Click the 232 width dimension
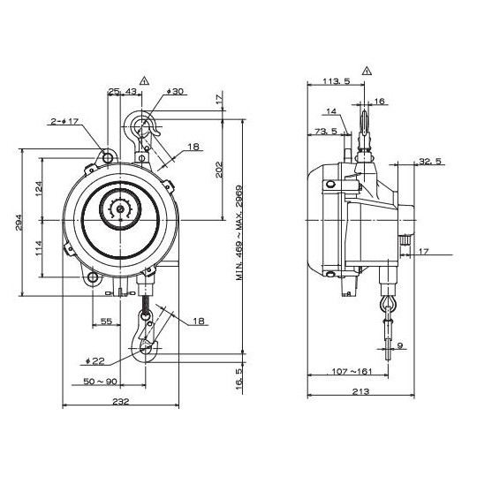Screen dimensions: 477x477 click(x=121, y=402)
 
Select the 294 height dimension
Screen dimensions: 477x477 click(x=19, y=223)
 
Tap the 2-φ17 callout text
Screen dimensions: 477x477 click(x=64, y=121)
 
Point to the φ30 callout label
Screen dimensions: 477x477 click(x=176, y=91)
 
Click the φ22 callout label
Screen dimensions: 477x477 click(x=95, y=361)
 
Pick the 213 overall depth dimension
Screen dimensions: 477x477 click(x=360, y=391)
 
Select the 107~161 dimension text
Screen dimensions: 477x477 click(x=352, y=371)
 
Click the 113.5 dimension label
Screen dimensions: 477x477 click(x=337, y=81)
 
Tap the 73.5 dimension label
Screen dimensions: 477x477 click(x=326, y=131)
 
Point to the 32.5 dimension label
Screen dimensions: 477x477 click(x=430, y=161)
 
